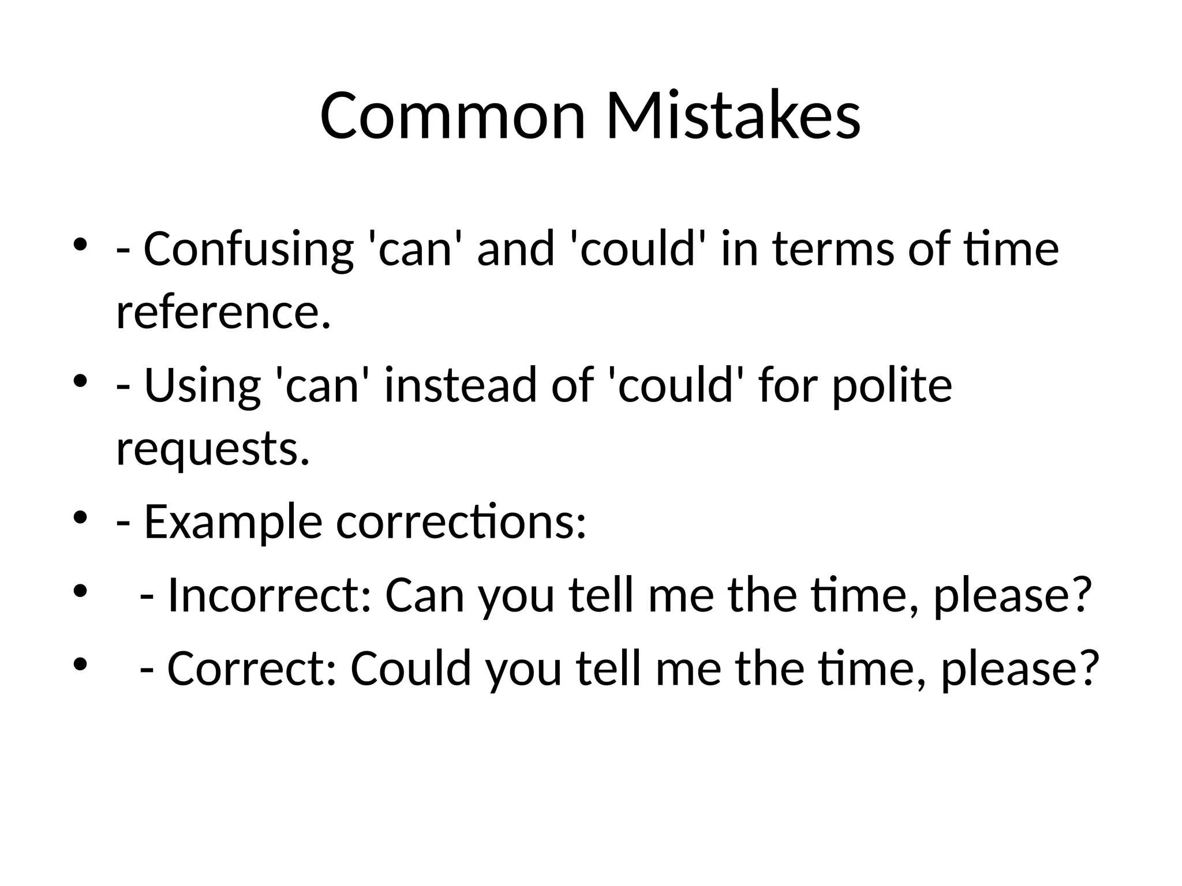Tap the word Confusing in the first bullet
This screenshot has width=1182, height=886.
pos(248,249)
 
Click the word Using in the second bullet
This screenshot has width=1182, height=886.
pos(202,385)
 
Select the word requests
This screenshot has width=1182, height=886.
pos(212,449)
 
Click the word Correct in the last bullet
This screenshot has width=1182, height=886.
pos(251,669)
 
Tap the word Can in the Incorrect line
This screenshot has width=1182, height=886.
pos(425,595)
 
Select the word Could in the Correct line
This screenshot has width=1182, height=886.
pos(410,669)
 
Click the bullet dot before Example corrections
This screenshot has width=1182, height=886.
pos(80,517)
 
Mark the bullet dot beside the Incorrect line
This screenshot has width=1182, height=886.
pos(80,591)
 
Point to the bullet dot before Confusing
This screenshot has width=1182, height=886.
pos(80,245)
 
